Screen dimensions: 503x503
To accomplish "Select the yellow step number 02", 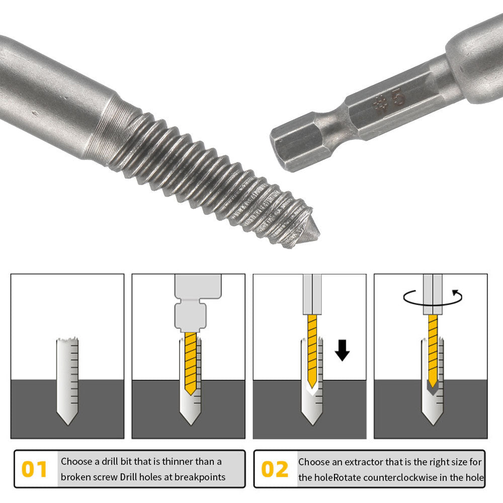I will pos(275,469).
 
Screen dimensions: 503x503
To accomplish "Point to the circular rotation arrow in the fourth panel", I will pos(432,297).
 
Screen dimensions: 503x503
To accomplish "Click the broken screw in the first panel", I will pos(67,382).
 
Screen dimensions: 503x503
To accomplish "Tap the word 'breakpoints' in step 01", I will pos(199,477).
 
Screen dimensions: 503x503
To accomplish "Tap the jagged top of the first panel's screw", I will pos(67,341).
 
